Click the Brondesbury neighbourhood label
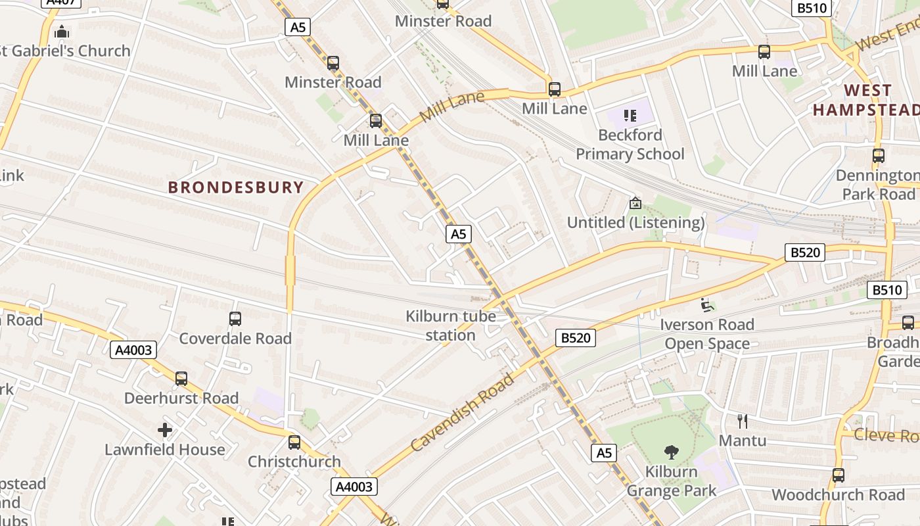coord(236,187)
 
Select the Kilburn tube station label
coord(450,325)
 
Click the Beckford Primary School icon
coord(630,116)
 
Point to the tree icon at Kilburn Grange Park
coord(671,452)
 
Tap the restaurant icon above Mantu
coord(743,421)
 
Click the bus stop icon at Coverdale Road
coord(235,319)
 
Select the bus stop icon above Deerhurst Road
coord(181,379)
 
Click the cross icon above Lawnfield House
coord(165,431)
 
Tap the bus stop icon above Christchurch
coord(294,442)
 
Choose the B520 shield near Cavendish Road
coord(576,338)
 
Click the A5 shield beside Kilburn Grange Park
coord(604,452)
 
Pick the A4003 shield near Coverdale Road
coord(133,350)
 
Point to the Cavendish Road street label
coord(463,412)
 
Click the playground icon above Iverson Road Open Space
coord(707,305)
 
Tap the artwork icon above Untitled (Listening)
coord(635,203)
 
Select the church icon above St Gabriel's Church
coord(62,31)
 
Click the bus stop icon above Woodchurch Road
coord(838,475)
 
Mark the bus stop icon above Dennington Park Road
coord(878,156)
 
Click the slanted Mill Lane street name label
coord(451,107)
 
